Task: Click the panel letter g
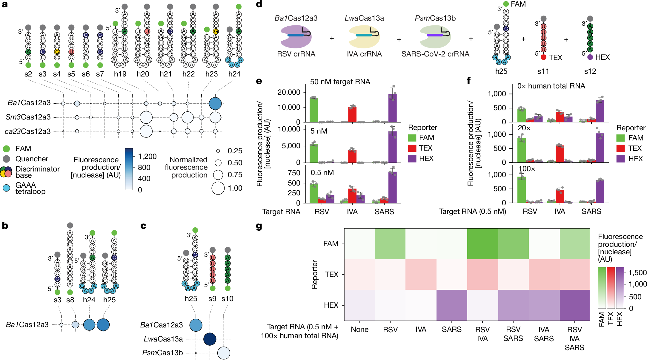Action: click(x=259, y=226)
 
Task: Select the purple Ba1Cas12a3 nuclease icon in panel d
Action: click(x=296, y=36)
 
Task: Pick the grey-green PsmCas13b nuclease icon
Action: click(x=435, y=36)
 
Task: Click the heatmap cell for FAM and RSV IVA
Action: click(x=482, y=244)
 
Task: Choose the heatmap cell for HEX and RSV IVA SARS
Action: click(x=574, y=305)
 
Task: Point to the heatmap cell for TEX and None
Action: click(x=359, y=274)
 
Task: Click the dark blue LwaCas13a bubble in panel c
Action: click(x=210, y=339)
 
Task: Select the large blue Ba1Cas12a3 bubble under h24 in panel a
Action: click(x=215, y=104)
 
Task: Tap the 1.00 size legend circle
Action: click(x=218, y=188)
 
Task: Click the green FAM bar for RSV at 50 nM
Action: click(x=313, y=110)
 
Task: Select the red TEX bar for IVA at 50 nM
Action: click(x=352, y=114)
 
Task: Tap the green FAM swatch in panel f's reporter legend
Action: click(x=620, y=138)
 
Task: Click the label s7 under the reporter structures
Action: click(x=100, y=74)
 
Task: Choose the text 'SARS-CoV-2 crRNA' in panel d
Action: click(x=435, y=54)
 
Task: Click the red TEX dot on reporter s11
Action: click(x=543, y=57)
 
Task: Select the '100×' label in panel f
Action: click(x=526, y=169)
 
